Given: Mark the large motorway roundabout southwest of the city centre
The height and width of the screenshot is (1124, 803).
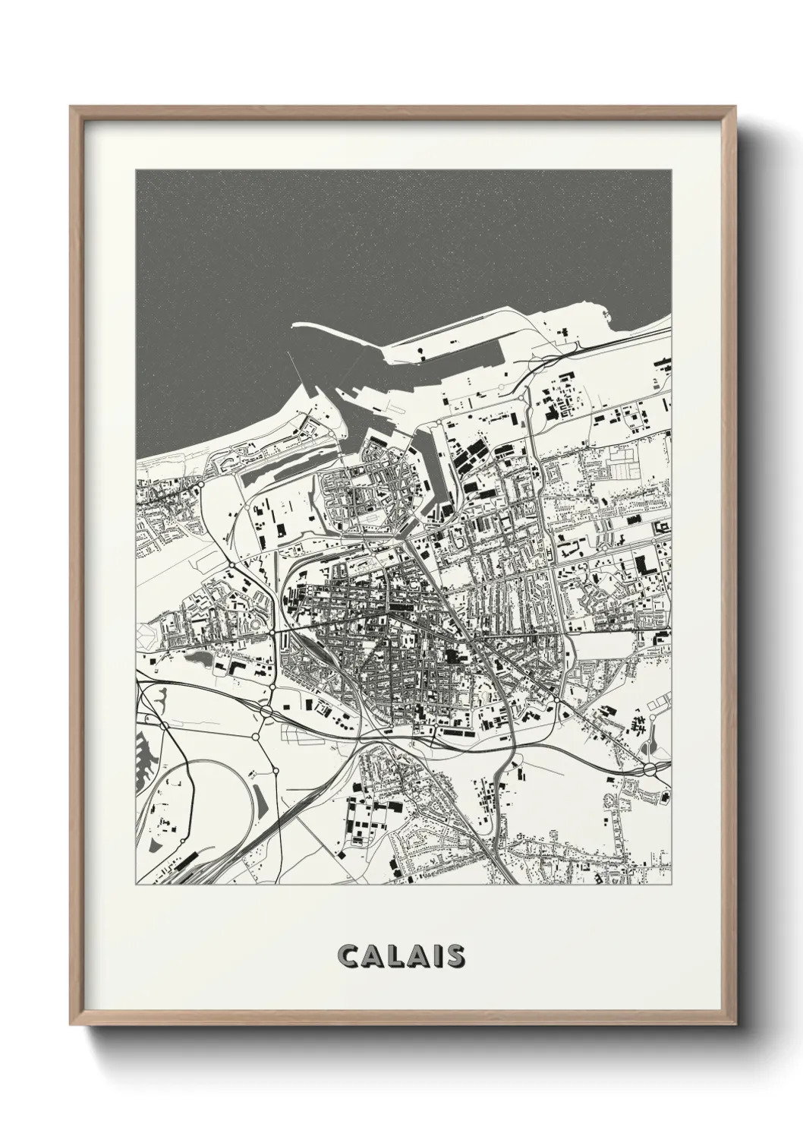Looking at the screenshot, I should tap(266, 711).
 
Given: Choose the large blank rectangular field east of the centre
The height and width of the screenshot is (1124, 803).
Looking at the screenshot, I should tap(607, 649).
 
